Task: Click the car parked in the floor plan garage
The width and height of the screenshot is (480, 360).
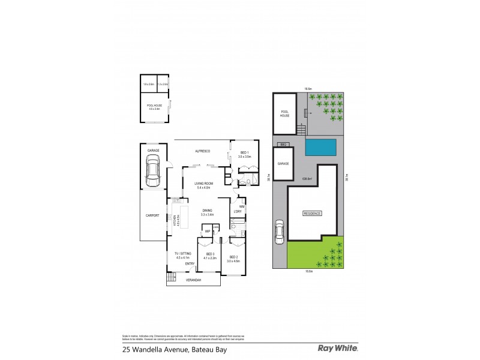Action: [x=153, y=170]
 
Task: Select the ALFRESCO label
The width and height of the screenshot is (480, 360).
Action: [x=200, y=151]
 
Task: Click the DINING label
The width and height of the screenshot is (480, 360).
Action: [x=207, y=211]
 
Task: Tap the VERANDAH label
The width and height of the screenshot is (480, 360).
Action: [x=193, y=280]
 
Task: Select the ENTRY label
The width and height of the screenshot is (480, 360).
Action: [x=190, y=263]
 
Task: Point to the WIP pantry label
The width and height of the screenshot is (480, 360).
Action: [x=207, y=230]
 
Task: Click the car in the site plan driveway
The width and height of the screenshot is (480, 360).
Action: [x=280, y=232]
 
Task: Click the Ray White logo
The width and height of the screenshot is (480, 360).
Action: [x=337, y=348]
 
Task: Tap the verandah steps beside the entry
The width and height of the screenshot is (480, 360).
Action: [x=170, y=277]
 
